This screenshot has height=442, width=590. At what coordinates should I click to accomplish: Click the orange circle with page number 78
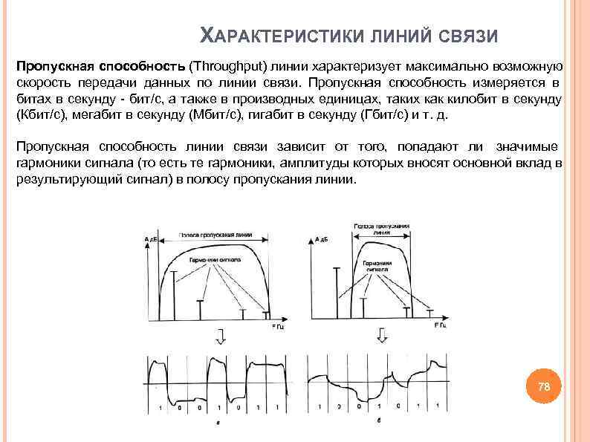pos(544,387)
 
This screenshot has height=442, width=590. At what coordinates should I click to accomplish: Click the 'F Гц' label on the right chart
pos(441,325)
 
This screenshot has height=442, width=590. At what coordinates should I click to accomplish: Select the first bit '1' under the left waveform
pos(160,408)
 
